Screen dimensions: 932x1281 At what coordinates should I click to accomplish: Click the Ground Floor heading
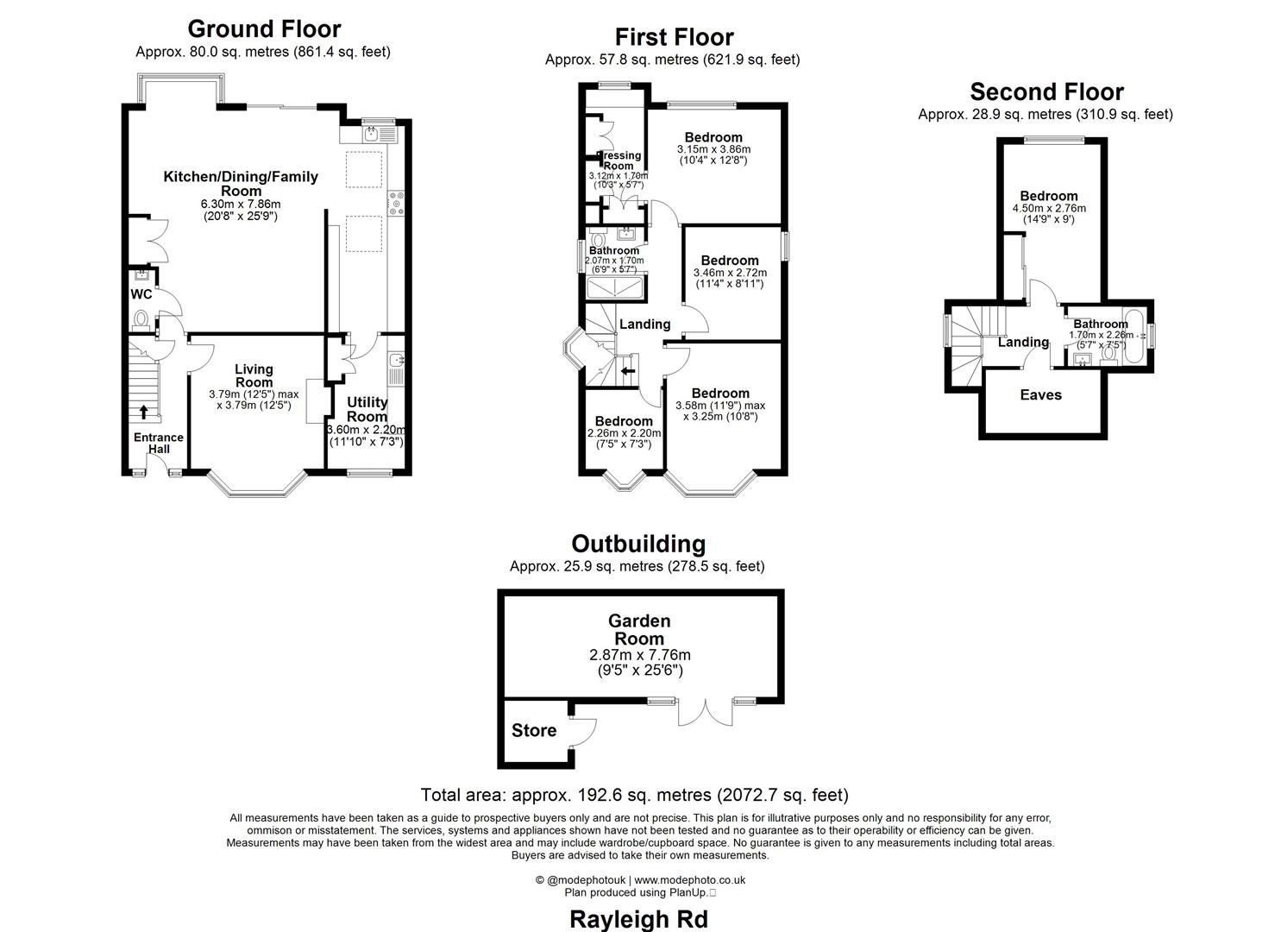click(x=264, y=29)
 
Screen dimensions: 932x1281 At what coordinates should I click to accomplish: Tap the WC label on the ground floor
click(x=141, y=294)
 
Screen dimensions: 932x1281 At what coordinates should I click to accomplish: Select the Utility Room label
click(x=367, y=409)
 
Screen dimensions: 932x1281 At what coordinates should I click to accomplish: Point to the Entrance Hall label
click(x=159, y=443)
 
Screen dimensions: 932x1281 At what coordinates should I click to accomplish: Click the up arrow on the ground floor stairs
click(x=143, y=411)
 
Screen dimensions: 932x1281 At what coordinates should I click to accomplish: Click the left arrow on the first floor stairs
click(x=627, y=371)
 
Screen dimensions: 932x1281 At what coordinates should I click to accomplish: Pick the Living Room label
click(x=254, y=375)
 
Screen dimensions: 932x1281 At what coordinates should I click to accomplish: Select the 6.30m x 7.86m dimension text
click(x=241, y=205)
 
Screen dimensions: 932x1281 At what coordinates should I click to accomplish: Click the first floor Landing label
click(x=644, y=324)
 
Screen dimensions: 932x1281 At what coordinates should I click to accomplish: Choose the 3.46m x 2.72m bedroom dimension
click(x=730, y=273)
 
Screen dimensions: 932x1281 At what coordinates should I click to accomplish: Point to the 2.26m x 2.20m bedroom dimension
click(x=624, y=433)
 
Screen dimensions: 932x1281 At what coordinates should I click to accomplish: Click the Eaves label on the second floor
click(x=1040, y=395)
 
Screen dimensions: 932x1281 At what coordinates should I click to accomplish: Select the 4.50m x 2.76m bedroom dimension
click(x=1049, y=208)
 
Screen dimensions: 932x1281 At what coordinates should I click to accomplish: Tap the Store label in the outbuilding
click(x=534, y=731)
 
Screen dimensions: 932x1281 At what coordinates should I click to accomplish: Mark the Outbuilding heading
click(x=638, y=544)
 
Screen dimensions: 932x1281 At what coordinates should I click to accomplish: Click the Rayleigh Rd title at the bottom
click(x=638, y=919)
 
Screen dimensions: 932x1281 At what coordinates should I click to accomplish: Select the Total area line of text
click(x=634, y=795)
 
